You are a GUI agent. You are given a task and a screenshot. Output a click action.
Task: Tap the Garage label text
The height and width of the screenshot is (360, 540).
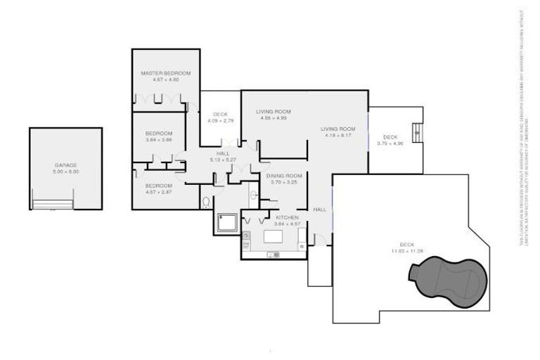(x=66, y=165)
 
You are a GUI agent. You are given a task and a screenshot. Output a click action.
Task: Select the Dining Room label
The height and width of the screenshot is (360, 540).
(x=284, y=175)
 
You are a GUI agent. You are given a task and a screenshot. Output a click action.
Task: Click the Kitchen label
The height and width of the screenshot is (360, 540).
(x=286, y=217)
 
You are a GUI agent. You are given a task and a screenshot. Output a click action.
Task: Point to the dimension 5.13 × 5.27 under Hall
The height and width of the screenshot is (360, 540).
(x=223, y=160)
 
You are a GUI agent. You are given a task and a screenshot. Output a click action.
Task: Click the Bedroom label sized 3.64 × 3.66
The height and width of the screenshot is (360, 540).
(x=158, y=133)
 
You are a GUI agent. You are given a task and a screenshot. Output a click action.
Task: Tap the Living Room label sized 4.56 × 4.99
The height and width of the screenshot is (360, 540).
(x=273, y=112)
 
